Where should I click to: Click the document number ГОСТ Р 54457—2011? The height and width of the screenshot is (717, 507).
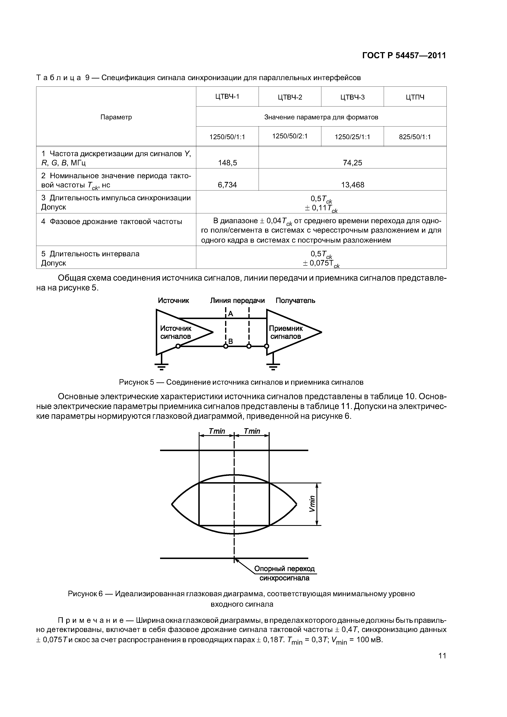tap(404, 56)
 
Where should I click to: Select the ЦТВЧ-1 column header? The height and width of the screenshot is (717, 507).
tap(227, 96)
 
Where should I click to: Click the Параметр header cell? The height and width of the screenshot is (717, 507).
tap(116, 117)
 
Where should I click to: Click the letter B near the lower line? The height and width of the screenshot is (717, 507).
tap(231, 341)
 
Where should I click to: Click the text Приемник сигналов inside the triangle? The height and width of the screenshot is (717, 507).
tap(286, 332)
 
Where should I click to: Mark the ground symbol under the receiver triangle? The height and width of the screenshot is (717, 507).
tap(273, 365)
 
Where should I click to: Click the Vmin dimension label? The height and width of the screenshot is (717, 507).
tap(312, 504)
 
